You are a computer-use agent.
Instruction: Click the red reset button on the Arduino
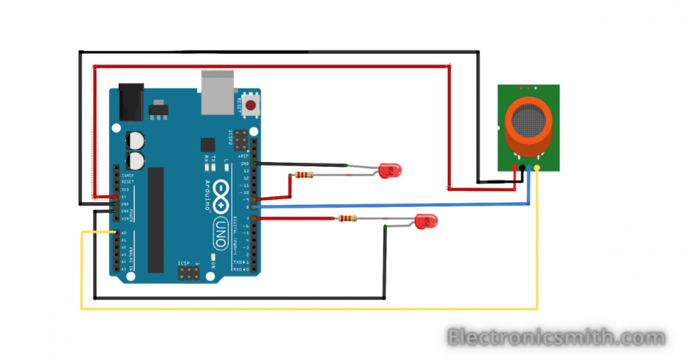point(249,105)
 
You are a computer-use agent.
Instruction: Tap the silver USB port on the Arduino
point(216,91)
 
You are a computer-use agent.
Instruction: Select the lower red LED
point(425,222)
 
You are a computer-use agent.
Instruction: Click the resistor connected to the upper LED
point(303,175)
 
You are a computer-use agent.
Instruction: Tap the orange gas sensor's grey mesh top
point(529,121)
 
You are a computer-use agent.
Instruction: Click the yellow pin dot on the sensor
point(538,168)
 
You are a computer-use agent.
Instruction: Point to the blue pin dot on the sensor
point(530,168)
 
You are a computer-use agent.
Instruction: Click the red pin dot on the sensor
point(515,168)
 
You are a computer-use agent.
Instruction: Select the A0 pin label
point(124,232)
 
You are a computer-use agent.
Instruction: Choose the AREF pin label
point(242,156)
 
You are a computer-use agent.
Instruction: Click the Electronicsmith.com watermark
point(555,338)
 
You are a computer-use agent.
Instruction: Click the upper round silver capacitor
point(135,140)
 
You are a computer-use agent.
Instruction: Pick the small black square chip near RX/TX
point(207,144)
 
